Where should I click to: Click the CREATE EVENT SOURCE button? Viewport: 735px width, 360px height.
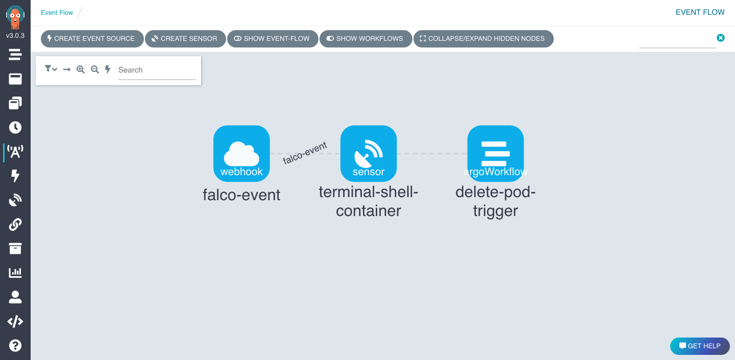pyautogui.click(x=92, y=39)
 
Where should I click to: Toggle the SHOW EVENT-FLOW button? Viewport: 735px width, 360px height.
pyautogui.click(x=272, y=39)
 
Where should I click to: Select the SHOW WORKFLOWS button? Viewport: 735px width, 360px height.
pyautogui.click(x=365, y=39)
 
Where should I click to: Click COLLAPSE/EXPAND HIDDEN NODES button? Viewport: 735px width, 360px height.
pyautogui.click(x=483, y=39)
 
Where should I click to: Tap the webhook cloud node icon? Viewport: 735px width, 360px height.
pyautogui.click(x=241, y=153)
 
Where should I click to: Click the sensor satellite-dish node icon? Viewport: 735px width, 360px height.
pyautogui.click(x=369, y=153)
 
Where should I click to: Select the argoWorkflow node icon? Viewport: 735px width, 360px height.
pyautogui.click(x=496, y=153)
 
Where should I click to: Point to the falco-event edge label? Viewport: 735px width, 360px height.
pyautogui.click(x=305, y=153)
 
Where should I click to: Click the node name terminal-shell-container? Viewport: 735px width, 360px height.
pyautogui.click(x=369, y=201)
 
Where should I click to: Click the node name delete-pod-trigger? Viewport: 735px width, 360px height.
pyautogui.click(x=496, y=201)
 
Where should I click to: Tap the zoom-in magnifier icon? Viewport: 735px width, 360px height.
pyautogui.click(x=81, y=69)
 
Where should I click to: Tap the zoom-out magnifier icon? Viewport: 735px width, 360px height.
pyautogui.click(x=94, y=69)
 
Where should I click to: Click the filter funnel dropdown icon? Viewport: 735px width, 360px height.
pyautogui.click(x=51, y=69)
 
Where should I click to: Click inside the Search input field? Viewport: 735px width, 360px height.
pyautogui.click(x=156, y=70)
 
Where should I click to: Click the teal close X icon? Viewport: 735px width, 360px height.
pyautogui.click(x=720, y=38)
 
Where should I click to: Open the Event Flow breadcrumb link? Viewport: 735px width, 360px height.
pyautogui.click(x=57, y=13)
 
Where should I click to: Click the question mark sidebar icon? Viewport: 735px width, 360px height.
pyautogui.click(x=15, y=345)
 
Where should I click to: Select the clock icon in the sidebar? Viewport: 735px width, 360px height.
pyautogui.click(x=15, y=128)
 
